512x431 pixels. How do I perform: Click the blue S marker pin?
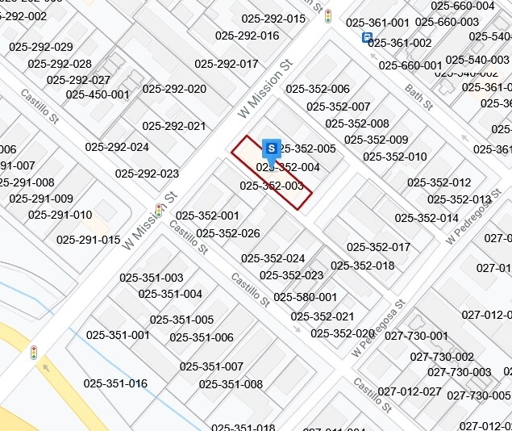coord(273,149)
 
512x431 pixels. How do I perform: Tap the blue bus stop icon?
coord(368,37)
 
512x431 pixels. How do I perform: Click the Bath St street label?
coord(419,98)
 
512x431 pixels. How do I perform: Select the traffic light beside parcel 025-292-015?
coord(328,16)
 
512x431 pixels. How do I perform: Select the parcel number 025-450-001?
coord(98,94)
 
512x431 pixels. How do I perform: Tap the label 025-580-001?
coord(306,297)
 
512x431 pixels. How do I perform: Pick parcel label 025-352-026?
coord(228,233)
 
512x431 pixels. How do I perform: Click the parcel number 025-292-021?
coord(174,126)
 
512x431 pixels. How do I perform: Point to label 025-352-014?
coord(427,218)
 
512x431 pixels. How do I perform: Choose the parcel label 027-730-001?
coord(416,336)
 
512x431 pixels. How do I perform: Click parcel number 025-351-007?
coord(211,366)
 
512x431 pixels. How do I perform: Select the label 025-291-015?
coord(89,240)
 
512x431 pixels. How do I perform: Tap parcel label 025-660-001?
coord(410,65)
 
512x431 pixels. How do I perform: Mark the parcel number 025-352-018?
coord(363,266)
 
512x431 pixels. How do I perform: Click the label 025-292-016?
coord(248,36)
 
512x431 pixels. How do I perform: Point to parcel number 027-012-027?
coord(410,391)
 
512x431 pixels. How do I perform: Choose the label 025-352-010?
coord(395,157)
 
